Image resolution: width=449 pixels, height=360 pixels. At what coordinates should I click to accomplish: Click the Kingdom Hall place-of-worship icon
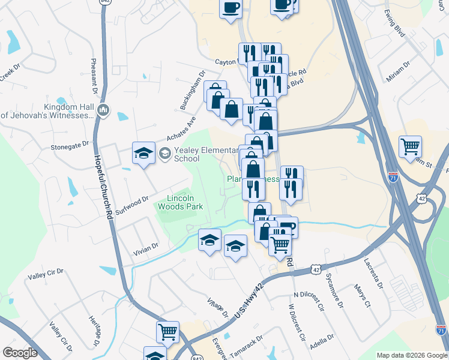click(104, 110)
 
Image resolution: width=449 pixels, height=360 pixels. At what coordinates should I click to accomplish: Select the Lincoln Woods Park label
click(181, 202)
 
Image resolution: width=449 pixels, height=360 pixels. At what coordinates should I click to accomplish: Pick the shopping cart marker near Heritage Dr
click(167, 332)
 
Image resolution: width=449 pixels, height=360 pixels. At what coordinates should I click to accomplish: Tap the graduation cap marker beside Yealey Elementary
click(144, 154)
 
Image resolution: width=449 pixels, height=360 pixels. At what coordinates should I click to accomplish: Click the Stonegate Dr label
click(70, 145)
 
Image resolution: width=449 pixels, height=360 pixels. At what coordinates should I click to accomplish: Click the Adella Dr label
click(321, 344)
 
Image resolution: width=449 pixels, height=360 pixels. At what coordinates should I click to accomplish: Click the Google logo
click(20, 353)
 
